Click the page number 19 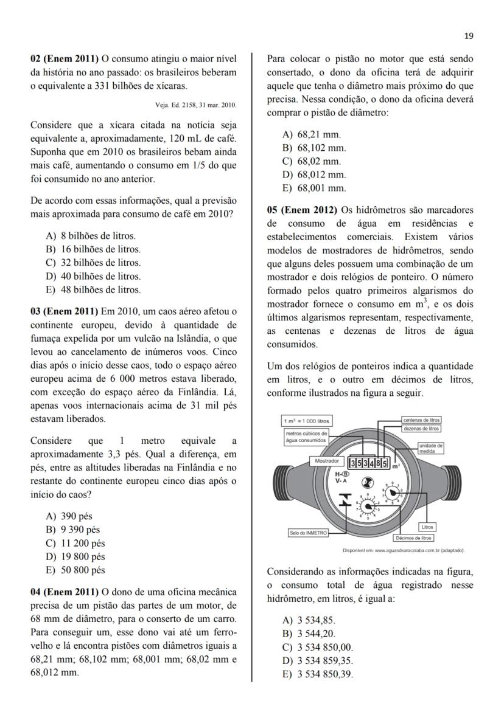coord(469,36)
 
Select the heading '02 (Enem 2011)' coord(65,58)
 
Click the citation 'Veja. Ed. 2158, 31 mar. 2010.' coord(196,105)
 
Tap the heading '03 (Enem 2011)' coord(65,311)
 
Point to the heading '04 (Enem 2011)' coord(65,592)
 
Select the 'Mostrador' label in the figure coord(326,461)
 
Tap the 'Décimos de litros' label coord(413,537)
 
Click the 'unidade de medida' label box coord(430,449)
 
